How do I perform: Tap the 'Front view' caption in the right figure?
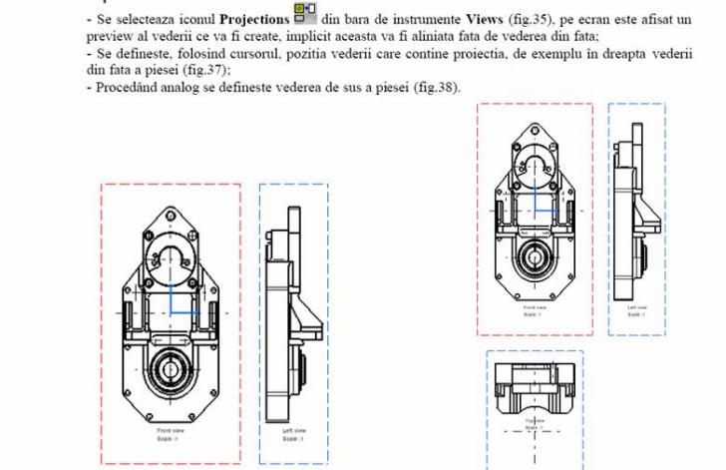tap(536, 308)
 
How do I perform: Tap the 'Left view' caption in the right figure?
tap(637, 309)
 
